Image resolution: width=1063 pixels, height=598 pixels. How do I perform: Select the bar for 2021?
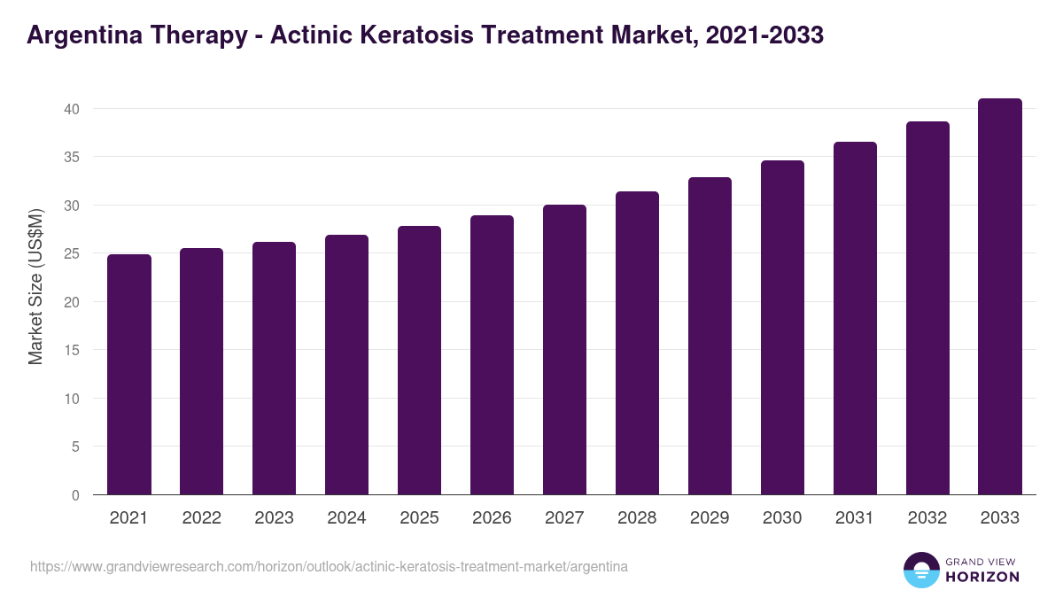[x=129, y=374]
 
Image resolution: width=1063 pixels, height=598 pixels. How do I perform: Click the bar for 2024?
[x=347, y=364]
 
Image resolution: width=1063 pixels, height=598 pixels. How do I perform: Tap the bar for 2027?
[x=565, y=349]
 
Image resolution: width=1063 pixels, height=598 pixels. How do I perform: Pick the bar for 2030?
[x=783, y=327]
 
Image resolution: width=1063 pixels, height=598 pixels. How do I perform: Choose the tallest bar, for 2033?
[x=1000, y=296]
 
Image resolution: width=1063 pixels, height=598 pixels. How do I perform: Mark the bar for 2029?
[x=710, y=336]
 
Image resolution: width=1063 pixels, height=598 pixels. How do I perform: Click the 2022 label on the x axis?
[x=202, y=518]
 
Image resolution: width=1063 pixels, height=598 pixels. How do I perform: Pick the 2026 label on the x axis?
[x=493, y=518]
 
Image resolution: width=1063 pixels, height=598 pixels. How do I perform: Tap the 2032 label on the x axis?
[x=927, y=518]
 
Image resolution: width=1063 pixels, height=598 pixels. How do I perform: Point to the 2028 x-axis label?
[x=638, y=518]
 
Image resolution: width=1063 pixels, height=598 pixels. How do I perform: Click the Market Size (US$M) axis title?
[x=35, y=286]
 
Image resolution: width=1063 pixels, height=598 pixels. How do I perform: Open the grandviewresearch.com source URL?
[x=329, y=566]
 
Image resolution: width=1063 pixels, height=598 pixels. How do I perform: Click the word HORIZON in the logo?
[x=982, y=577]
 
